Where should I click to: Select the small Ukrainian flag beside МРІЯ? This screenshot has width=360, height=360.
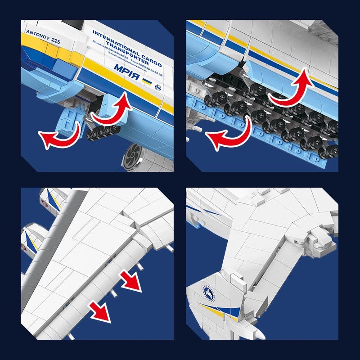click(x=146, y=81)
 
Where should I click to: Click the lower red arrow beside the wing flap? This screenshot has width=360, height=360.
click(x=100, y=311)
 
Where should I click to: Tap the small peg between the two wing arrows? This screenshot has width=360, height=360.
click(x=113, y=292)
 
